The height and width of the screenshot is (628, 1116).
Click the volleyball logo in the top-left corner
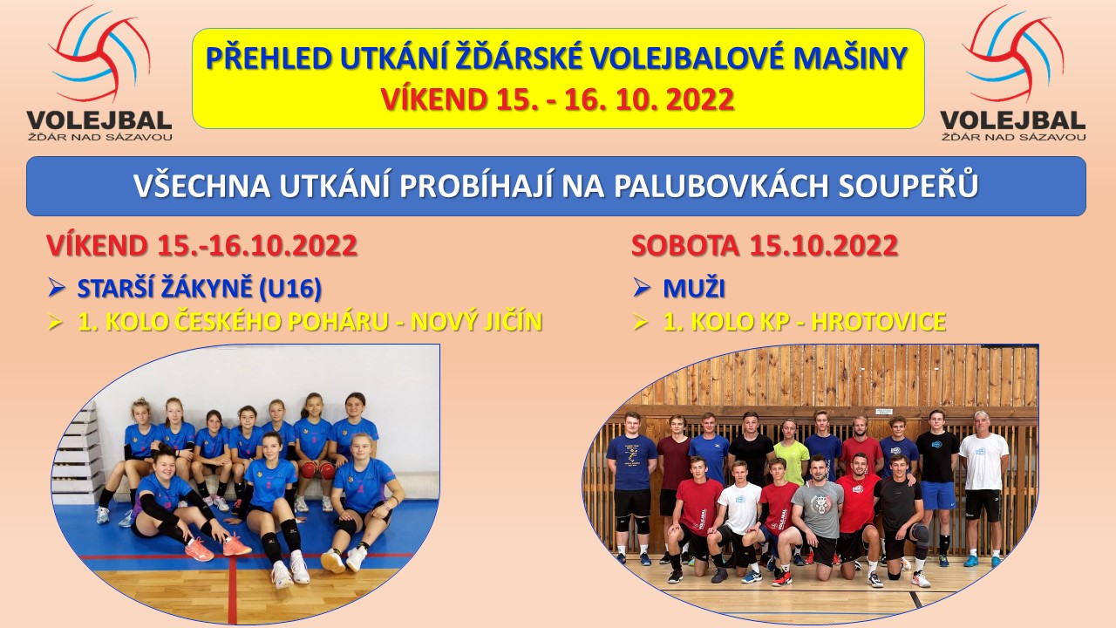[x=99, y=73]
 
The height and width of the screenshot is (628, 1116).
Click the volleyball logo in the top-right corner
[x=1013, y=73]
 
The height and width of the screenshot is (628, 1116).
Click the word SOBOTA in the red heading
[x=685, y=246]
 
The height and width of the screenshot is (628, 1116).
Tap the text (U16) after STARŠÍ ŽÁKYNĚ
[x=290, y=289]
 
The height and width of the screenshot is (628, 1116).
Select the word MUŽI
[x=694, y=289]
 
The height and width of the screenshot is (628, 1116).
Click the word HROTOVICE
[x=879, y=322]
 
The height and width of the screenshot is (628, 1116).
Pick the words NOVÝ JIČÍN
[x=477, y=322]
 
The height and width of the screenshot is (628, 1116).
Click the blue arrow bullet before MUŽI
[x=643, y=289]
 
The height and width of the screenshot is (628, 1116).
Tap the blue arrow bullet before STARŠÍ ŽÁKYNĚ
[x=57, y=289]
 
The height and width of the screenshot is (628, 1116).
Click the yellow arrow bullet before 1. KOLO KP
[x=641, y=323]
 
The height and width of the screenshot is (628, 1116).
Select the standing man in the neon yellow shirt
[x=791, y=452]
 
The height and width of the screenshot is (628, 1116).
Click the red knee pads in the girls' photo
[x=317, y=469]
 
